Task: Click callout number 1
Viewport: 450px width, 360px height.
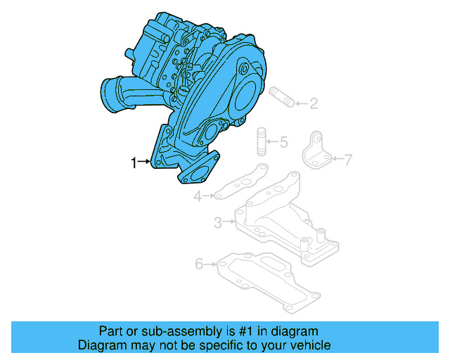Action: (x=134, y=163)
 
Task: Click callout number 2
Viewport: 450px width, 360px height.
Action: (x=314, y=105)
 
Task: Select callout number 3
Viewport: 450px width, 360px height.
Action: (x=219, y=223)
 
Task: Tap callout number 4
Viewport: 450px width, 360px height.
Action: (x=198, y=197)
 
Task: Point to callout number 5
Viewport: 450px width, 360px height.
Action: (x=283, y=143)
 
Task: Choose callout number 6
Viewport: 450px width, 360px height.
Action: (x=199, y=264)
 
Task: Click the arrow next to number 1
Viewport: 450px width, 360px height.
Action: (x=146, y=163)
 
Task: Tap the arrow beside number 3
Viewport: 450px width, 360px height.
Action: (x=230, y=223)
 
